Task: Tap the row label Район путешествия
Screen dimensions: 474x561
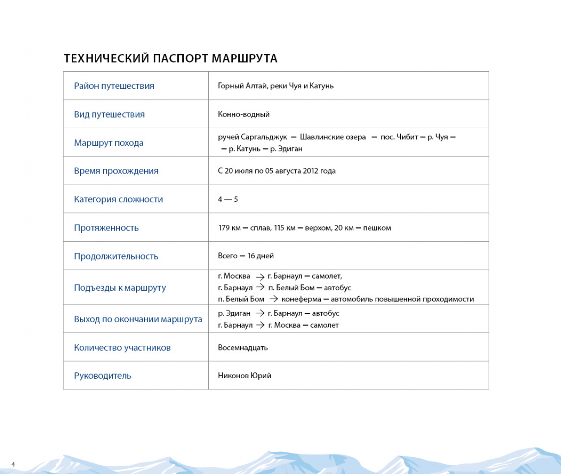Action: (114, 86)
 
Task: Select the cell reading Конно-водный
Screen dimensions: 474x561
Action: (243, 114)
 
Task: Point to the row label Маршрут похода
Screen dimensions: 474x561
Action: (109, 143)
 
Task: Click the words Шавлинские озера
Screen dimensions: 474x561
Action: (333, 137)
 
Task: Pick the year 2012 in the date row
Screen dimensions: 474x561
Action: (310, 171)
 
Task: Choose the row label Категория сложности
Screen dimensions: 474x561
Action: (118, 200)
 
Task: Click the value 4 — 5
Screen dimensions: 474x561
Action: (228, 200)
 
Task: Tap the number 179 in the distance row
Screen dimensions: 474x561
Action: (224, 228)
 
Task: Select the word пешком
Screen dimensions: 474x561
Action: (377, 228)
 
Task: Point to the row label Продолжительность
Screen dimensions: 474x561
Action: (116, 256)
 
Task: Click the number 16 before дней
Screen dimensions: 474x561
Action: (251, 256)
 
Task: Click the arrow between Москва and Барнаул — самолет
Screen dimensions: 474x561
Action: (260, 277)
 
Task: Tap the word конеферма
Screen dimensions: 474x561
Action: (301, 299)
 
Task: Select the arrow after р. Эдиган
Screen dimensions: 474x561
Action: (260, 313)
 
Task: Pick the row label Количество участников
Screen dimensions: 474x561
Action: (122, 348)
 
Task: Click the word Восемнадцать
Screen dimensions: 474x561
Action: (243, 348)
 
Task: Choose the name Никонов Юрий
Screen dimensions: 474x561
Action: (244, 376)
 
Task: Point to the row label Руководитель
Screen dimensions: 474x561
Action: (103, 376)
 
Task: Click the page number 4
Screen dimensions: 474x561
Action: (13, 464)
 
